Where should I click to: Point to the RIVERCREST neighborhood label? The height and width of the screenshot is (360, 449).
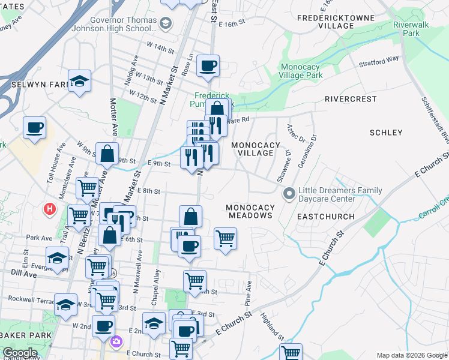point(351,99)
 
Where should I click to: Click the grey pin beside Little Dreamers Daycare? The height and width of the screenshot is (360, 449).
point(289,194)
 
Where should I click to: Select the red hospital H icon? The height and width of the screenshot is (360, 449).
point(50,209)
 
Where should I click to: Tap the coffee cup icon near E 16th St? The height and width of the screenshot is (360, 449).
point(208,66)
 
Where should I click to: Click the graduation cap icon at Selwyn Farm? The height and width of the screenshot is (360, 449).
point(79,81)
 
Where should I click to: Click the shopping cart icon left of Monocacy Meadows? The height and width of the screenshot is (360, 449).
point(225,238)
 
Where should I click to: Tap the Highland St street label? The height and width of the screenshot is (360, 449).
point(271,325)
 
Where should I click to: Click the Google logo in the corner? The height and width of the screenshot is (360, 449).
point(19,353)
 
